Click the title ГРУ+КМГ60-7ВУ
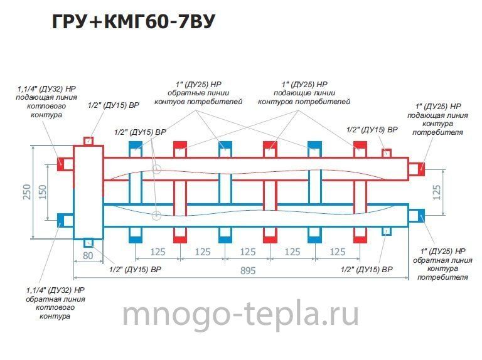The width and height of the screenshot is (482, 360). [x=133, y=21]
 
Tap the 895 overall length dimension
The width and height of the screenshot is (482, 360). [x=248, y=270]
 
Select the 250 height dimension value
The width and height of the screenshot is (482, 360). [x=27, y=192]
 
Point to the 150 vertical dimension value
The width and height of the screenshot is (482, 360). [x=43, y=192]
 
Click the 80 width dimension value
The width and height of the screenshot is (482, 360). [x=88, y=255]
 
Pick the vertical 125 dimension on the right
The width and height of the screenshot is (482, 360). [x=436, y=193]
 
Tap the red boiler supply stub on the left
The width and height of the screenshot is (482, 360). [x=65, y=164]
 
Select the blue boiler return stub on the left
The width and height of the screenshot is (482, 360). [x=65, y=220]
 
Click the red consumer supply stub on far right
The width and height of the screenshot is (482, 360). [x=417, y=169]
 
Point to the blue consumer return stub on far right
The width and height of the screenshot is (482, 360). [x=417, y=216]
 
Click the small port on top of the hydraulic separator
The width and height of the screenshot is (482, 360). [x=88, y=141]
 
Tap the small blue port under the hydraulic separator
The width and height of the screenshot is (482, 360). [x=88, y=243]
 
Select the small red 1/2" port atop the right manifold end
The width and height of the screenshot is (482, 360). [x=387, y=153]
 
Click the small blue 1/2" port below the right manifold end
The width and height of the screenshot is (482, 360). [x=387, y=231]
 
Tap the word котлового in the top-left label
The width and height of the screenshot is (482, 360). [x=46, y=106]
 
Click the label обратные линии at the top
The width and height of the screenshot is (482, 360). [x=198, y=93]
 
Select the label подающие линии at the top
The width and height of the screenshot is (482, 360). [x=304, y=93]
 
